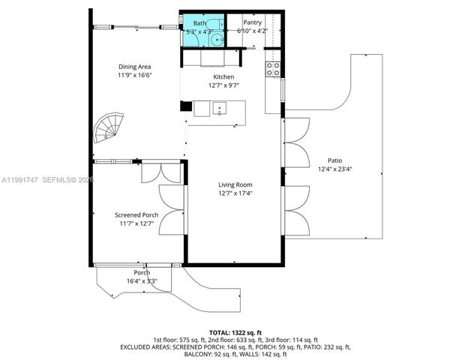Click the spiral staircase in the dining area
107,130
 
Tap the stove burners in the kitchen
272,69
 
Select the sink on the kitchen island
220,108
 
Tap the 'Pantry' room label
252,22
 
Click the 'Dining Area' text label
134,67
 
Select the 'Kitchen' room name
223,77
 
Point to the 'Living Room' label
235,184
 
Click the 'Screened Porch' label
136,214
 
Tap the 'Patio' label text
335,160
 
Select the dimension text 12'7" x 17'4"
235,193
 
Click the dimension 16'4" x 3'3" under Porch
141,281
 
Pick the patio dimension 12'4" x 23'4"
335,169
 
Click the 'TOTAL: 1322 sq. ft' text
235,331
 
